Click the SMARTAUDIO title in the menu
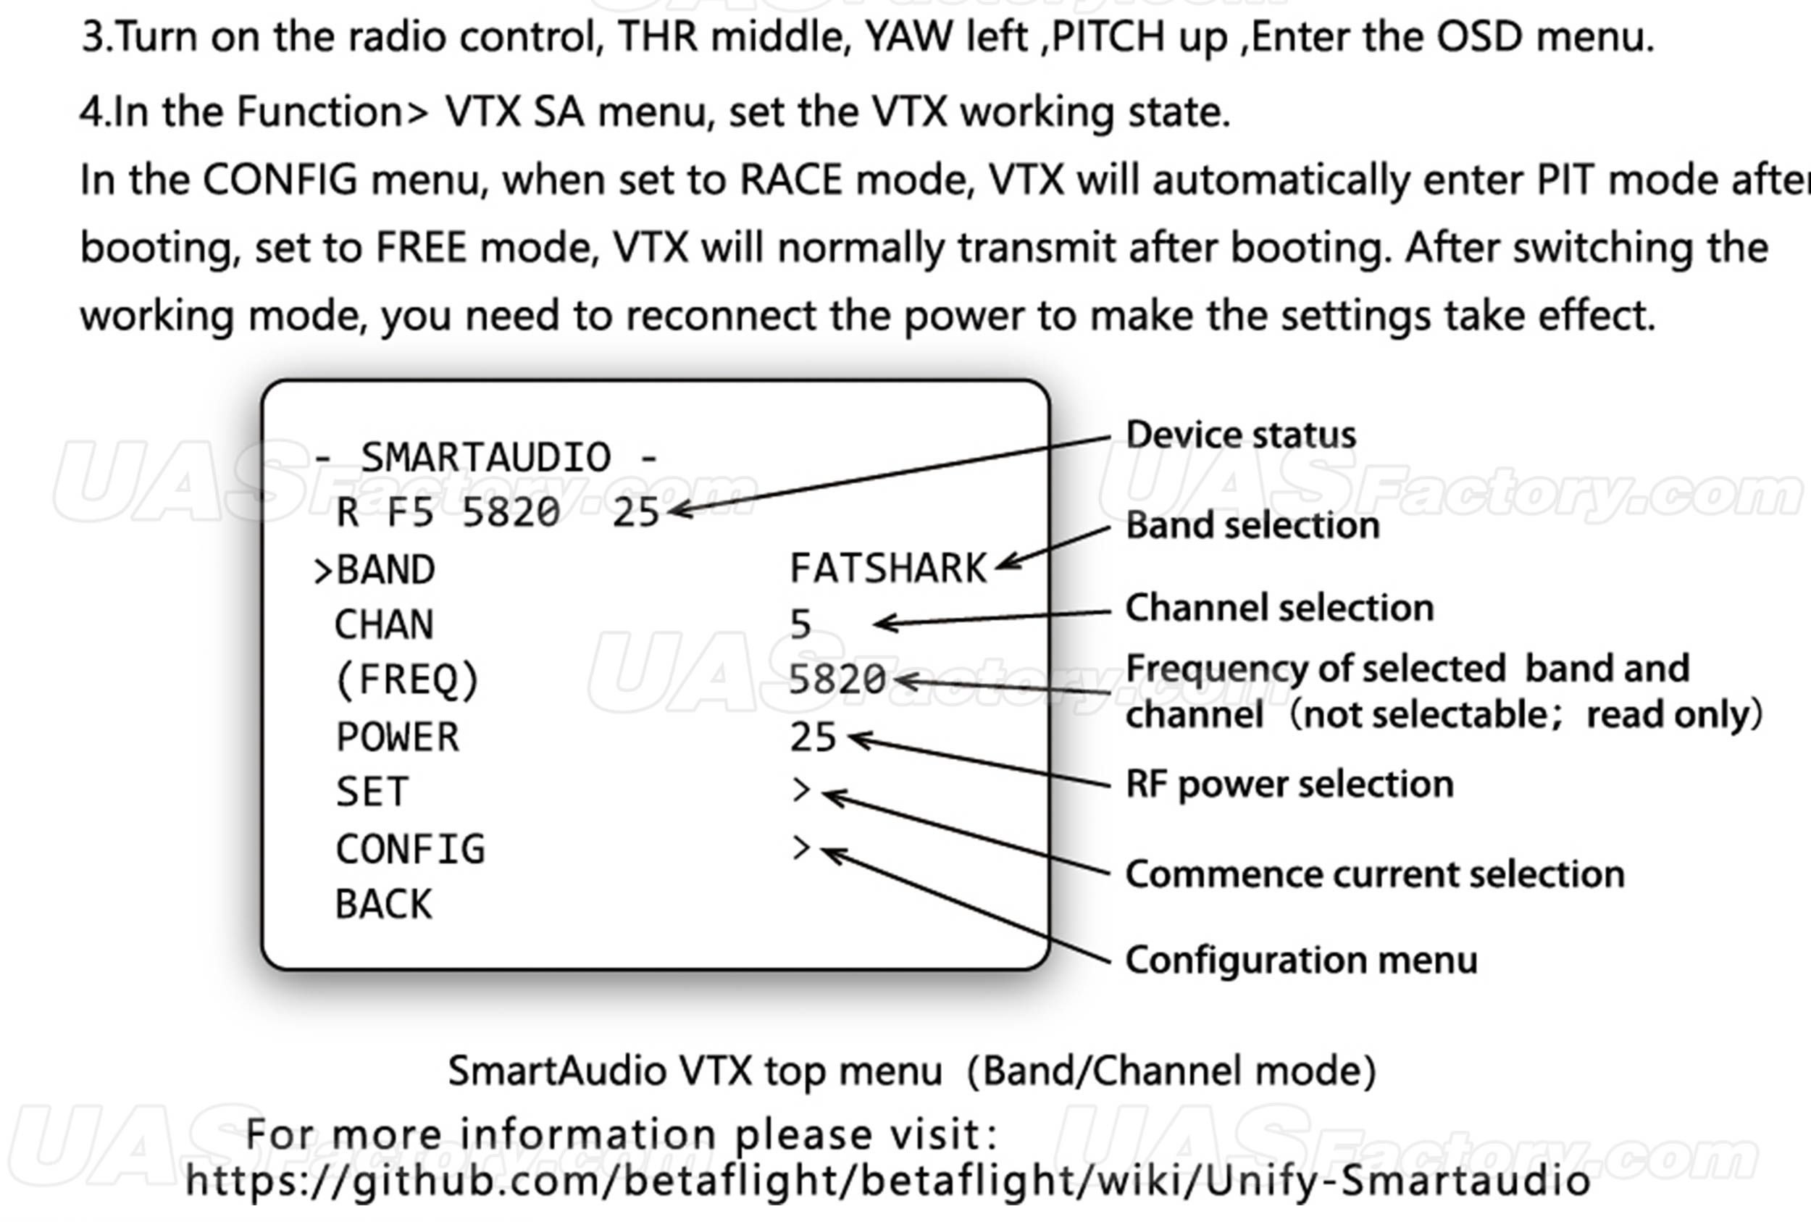[485, 458]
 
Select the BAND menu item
[385, 569]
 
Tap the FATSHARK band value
[888, 568]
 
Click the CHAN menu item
[383, 625]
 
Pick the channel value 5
[800, 625]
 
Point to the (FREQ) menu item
[407, 680]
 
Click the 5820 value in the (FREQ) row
[837, 680]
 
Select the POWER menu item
[398, 737]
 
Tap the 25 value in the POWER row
[813, 737]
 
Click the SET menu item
[372, 792]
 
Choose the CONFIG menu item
[410, 850]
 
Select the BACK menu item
[383, 905]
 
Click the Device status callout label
[1241, 435]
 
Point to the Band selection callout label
[1252, 525]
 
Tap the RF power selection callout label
[1289, 784]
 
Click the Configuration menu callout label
[1301, 961]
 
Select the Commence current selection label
[1375, 874]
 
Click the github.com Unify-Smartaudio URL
[887, 1181]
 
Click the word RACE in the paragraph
[790, 180]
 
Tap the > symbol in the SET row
[800, 790]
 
